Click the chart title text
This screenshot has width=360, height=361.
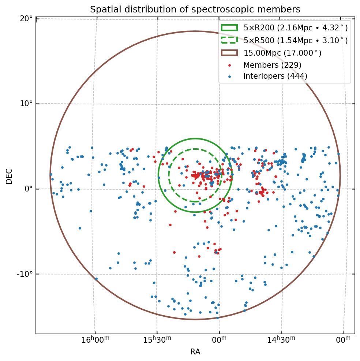tap(195, 10)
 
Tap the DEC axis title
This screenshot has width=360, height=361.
tap(10, 176)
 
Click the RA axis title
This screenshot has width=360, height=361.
tap(195, 352)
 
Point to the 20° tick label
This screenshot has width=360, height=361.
tap(27, 19)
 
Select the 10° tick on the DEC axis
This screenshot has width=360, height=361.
tap(27, 104)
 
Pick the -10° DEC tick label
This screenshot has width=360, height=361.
tap(25, 274)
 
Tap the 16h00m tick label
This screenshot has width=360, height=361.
tap(95, 340)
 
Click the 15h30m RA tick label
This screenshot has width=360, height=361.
tap(157, 340)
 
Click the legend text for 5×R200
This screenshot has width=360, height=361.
tap(296, 28)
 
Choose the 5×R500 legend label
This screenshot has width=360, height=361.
tap(296, 41)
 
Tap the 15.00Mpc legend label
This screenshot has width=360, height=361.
tap(282, 53)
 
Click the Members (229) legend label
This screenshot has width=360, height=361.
tap(272, 65)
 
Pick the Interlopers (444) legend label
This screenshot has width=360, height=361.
tap(275, 76)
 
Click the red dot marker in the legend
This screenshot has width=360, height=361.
tap(229, 65)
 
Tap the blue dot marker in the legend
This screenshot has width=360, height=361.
tap(229, 77)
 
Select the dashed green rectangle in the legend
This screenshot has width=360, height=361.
tap(229, 40)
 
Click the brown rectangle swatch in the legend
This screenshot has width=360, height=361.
tap(229, 53)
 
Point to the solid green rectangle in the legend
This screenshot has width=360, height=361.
tap(229, 27)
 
